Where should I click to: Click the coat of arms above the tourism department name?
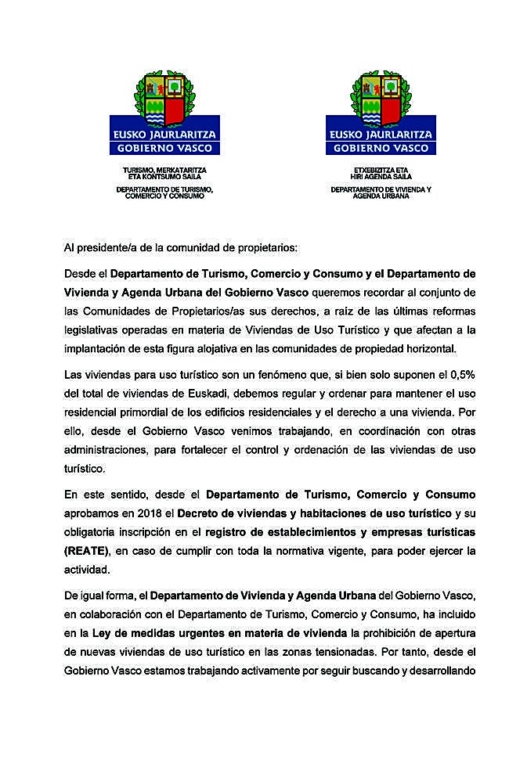point(165,94)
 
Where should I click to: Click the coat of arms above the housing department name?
point(381,94)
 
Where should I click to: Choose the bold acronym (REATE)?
point(88,550)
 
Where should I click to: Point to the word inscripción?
point(156,531)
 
